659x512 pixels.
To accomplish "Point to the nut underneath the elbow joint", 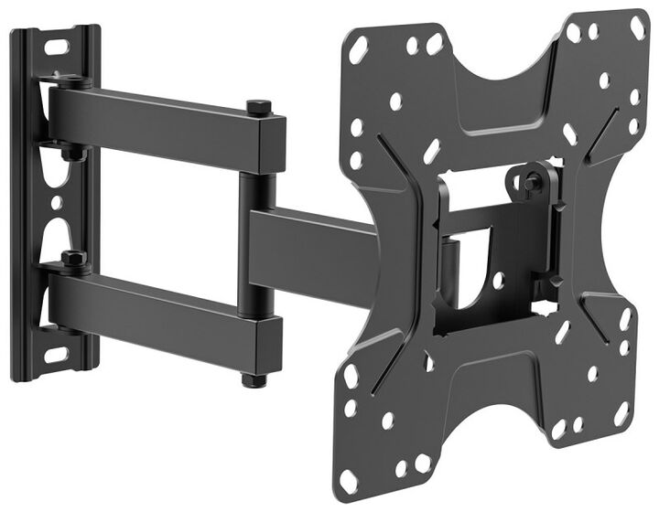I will (249, 377).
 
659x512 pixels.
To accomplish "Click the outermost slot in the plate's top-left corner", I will (359, 52).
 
